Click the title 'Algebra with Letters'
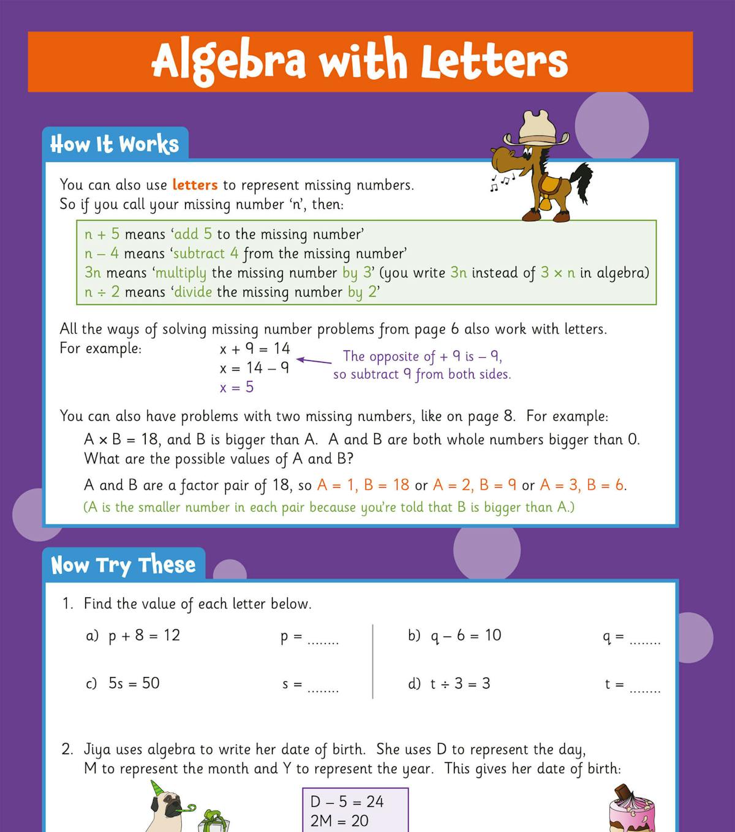[x=360, y=61]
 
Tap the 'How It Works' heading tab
[x=115, y=144]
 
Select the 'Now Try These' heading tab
[x=123, y=565]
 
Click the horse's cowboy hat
[x=537, y=129]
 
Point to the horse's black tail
[x=582, y=180]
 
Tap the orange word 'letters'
[x=195, y=185]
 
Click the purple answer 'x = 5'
[x=236, y=387]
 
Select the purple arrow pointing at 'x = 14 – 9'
[x=314, y=361]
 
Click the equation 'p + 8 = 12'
[x=145, y=635]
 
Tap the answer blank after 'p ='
[x=323, y=641]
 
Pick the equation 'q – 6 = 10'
[x=466, y=635]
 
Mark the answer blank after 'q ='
[x=645, y=641]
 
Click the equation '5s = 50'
[x=134, y=683]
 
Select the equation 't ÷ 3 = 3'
[x=460, y=684]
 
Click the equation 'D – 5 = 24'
[x=347, y=801]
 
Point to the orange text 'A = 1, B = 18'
[x=363, y=485]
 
